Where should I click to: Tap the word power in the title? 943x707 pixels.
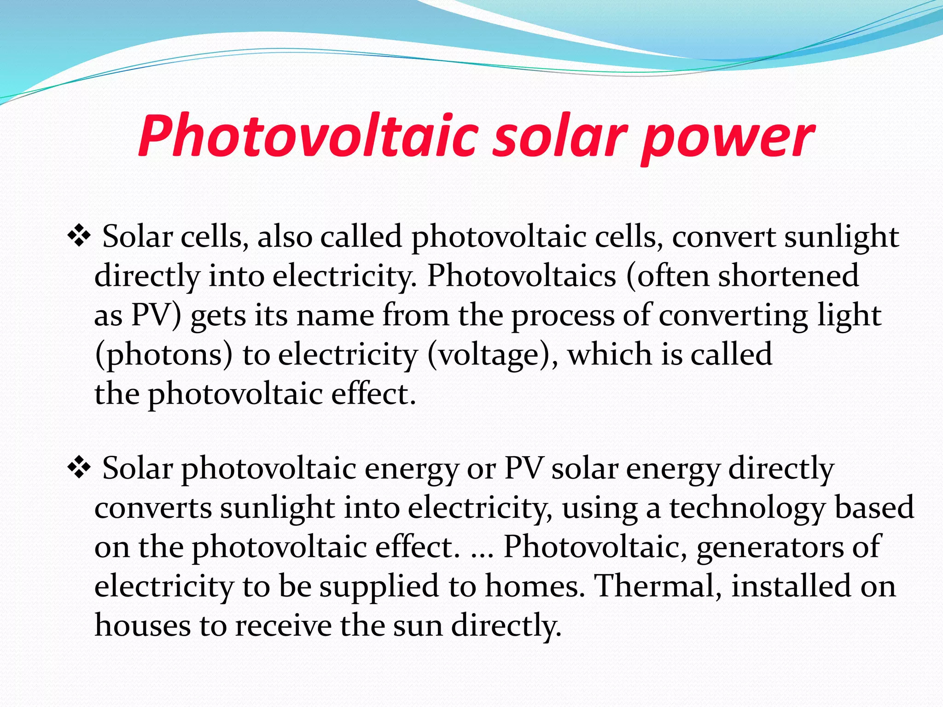pos(728,138)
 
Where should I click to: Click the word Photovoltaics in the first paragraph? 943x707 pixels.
pos(522,276)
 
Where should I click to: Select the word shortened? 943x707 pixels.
pos(788,276)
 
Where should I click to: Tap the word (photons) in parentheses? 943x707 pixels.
pos(164,355)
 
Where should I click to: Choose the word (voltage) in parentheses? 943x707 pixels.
pos(492,355)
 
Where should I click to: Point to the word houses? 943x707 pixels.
pos(142,626)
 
